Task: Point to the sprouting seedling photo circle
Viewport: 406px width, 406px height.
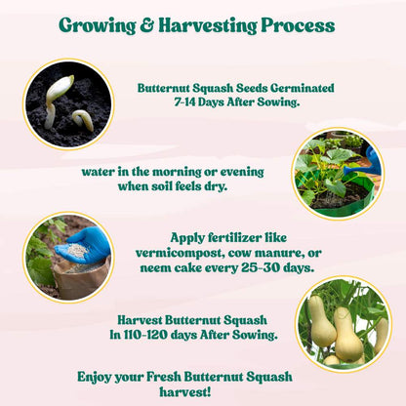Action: click(x=67, y=105)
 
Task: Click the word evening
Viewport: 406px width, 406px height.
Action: click(x=238, y=172)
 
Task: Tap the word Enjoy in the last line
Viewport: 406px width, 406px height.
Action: click(x=99, y=377)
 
